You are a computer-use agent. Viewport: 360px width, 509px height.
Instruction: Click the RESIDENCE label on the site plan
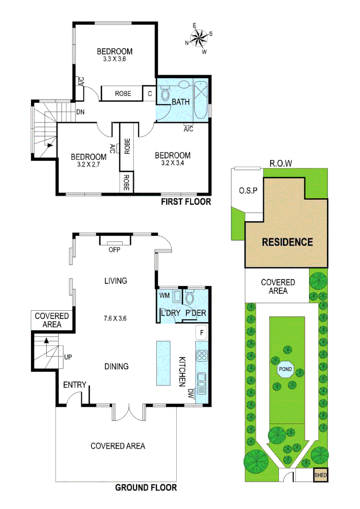click(x=287, y=242)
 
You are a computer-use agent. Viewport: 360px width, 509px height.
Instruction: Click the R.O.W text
click(x=281, y=164)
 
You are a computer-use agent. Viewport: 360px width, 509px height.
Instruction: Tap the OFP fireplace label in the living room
click(x=115, y=250)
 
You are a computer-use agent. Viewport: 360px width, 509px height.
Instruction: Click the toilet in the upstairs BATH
click(x=165, y=94)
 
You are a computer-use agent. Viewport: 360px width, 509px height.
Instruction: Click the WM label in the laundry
click(x=164, y=296)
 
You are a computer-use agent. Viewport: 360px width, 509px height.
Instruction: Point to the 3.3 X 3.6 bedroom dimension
click(x=115, y=59)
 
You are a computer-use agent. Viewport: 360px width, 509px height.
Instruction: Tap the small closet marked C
click(x=149, y=93)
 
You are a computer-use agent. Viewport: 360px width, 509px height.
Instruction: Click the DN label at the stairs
click(x=80, y=113)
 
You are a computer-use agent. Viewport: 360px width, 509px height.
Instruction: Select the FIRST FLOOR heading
click(x=186, y=202)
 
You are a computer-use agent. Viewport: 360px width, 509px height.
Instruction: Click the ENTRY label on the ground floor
click(x=75, y=385)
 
